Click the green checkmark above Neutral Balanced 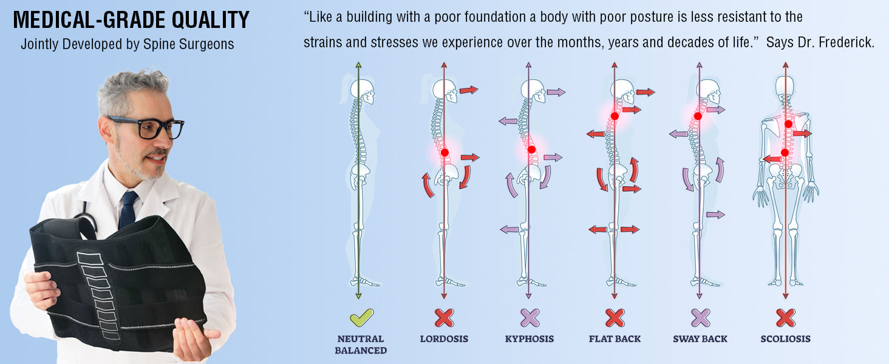coord(361,317)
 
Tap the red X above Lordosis coord(444,317)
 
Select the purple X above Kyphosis coord(530,317)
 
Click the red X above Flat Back coord(615,317)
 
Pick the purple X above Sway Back coord(700,317)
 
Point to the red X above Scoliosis coord(785,317)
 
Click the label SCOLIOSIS coord(785,339)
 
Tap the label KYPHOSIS coord(530,339)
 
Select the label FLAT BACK coord(615,339)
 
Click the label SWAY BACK coord(700,339)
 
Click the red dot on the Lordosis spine coord(444,153)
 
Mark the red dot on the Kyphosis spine coord(531,149)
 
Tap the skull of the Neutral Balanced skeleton coord(363,91)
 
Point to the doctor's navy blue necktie coord(128,209)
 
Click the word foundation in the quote coord(483,17)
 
